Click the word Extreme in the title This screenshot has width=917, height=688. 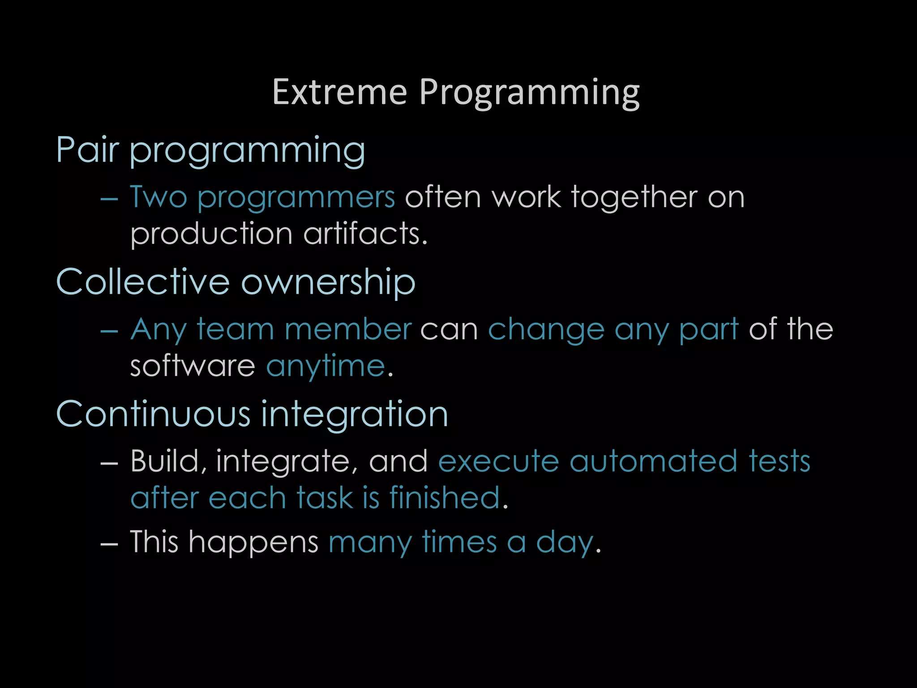click(339, 92)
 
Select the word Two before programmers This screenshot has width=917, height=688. click(159, 197)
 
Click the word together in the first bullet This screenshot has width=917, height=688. click(634, 198)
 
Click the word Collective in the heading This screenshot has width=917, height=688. click(142, 282)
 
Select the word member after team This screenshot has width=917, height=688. click(347, 329)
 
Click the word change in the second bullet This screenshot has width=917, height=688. click(546, 330)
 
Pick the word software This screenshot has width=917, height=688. click(193, 366)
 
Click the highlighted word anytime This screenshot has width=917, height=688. click(326, 367)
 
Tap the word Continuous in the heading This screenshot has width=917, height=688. click(153, 414)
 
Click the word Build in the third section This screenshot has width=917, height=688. click(164, 461)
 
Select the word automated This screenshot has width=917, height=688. click(653, 461)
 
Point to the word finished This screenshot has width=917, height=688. click(445, 498)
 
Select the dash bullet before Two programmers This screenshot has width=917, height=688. click(109, 198)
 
